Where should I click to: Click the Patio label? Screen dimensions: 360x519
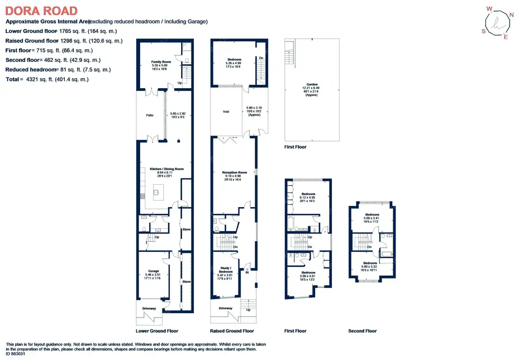[x=149, y=116]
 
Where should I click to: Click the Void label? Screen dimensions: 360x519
[x=226, y=112]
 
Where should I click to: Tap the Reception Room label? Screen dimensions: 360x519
[x=235, y=172]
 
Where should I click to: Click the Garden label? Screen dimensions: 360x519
[x=311, y=84]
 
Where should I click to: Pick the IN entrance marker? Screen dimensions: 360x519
[x=246, y=272]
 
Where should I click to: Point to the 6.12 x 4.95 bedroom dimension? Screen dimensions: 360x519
[x=308, y=197]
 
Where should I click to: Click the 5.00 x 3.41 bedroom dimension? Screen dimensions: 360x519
[x=372, y=218]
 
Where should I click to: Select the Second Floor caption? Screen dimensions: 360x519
[x=363, y=331]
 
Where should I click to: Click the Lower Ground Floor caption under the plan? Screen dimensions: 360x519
[x=157, y=331]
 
